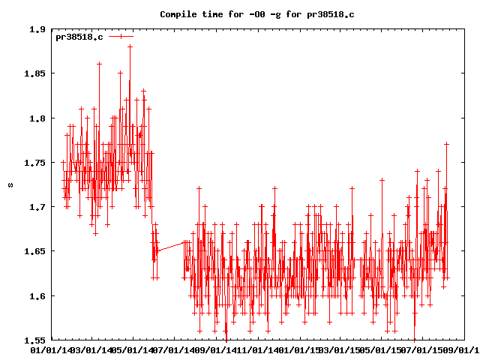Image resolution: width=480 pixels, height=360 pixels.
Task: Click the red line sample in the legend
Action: (121, 36)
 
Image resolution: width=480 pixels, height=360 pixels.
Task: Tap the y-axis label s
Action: (10, 184)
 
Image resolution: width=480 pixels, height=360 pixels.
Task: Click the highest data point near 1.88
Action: (130, 46)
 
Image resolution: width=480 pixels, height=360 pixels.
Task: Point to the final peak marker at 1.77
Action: (446, 144)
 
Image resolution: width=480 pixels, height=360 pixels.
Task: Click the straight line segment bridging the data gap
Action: (170, 246)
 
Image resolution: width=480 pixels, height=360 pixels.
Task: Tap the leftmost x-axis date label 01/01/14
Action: (50, 349)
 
